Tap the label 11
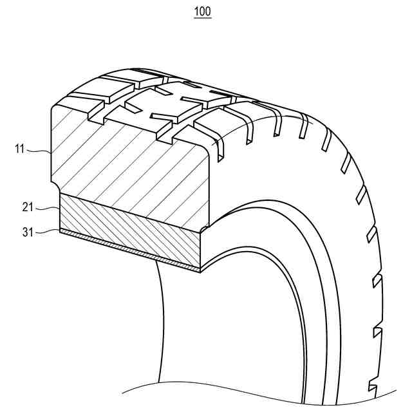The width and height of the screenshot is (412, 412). click(x=19, y=149)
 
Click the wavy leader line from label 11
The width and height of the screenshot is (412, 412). click(x=39, y=151)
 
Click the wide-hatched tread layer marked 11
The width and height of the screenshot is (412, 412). click(x=129, y=161)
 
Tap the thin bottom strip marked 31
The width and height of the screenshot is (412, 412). click(x=129, y=248)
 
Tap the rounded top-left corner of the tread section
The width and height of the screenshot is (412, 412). click(x=55, y=107)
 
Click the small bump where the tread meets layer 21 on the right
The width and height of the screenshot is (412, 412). click(x=205, y=227)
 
